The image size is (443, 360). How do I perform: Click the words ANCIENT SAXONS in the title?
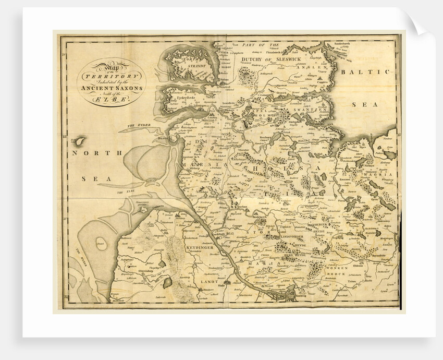[112, 87]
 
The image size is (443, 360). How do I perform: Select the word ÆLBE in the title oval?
[112, 99]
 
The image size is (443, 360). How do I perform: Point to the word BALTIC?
[365, 72]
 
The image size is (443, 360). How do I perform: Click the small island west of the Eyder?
[79, 141]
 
